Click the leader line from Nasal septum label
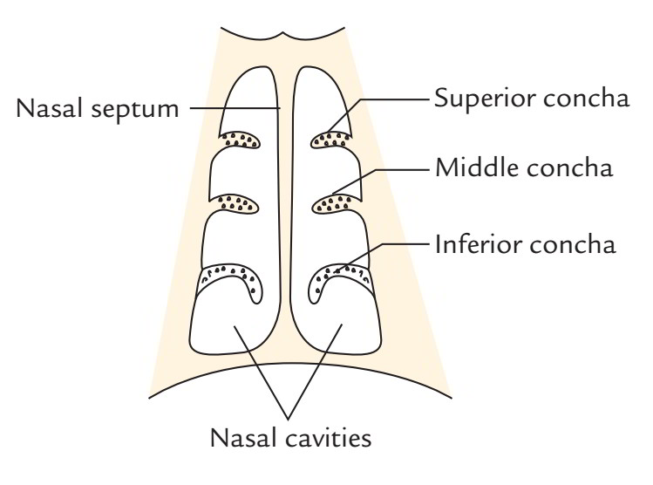(235, 109)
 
